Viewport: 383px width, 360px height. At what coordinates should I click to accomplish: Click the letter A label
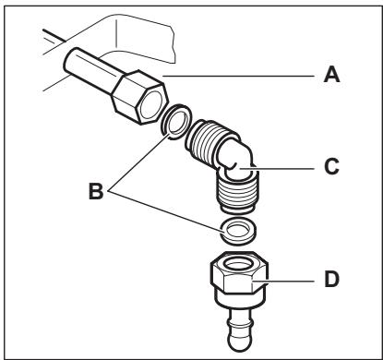click(331, 75)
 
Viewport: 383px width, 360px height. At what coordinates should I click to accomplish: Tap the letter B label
click(96, 191)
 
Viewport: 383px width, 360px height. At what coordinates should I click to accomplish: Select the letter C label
click(331, 167)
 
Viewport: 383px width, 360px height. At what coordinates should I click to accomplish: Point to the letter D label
click(332, 280)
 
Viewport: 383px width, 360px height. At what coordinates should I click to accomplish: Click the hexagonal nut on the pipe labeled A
click(140, 97)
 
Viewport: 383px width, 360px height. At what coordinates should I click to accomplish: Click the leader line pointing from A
click(238, 76)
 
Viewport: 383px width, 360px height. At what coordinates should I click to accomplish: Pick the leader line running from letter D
click(282, 282)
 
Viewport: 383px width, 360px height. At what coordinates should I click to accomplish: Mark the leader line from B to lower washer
click(165, 211)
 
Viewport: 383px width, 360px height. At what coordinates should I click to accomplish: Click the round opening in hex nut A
click(150, 104)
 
